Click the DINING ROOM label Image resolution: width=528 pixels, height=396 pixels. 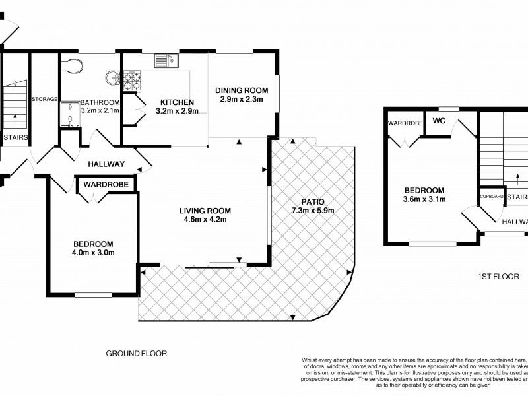[x=242, y=90]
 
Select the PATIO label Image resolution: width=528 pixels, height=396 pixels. [x=313, y=202]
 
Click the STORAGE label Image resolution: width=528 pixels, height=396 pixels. [x=44, y=99]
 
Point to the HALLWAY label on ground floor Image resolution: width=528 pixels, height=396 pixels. [x=106, y=164]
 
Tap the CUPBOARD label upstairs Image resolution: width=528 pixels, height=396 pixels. [x=492, y=196]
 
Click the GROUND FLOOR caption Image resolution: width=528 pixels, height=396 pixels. [x=137, y=354]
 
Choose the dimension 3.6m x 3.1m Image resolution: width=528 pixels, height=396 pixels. [x=424, y=199]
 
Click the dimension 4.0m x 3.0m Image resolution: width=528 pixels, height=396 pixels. [x=93, y=253]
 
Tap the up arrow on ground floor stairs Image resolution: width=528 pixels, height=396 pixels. [x=15, y=119]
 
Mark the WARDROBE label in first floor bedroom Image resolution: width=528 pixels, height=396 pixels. [x=405, y=123]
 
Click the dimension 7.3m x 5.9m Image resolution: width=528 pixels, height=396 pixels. [x=313, y=211]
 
